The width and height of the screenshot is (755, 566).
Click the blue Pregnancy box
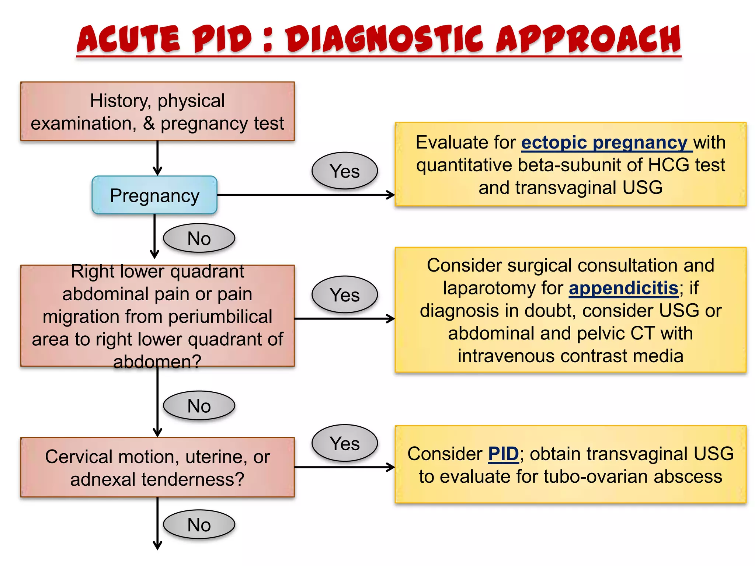pos(154,195)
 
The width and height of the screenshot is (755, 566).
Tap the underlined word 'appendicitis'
pos(623,288)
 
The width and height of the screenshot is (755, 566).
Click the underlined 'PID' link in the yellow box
pos(503,454)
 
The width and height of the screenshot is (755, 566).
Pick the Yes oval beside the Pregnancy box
pos(344,171)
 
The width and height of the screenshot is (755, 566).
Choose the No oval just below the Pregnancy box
pos(199,238)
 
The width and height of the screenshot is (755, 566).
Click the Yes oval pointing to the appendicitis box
pos(344,295)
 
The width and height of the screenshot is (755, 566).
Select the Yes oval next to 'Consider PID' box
pos(344,443)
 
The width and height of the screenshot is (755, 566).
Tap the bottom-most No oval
pos(199,525)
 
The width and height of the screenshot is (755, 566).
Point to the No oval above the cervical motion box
pos(199,406)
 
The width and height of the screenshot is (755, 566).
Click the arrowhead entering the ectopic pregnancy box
pos(392,195)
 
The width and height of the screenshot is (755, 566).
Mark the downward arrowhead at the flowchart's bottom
pos(157,546)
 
